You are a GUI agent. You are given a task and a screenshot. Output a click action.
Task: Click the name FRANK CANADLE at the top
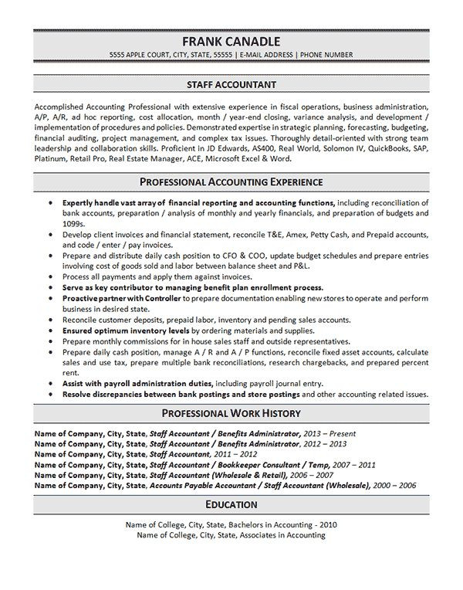(x=231, y=41)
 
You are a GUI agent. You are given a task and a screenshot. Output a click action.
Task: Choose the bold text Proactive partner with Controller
(x=123, y=298)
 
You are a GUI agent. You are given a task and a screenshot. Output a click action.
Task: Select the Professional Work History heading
(x=231, y=413)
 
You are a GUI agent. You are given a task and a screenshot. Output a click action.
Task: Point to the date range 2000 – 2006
(x=394, y=485)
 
